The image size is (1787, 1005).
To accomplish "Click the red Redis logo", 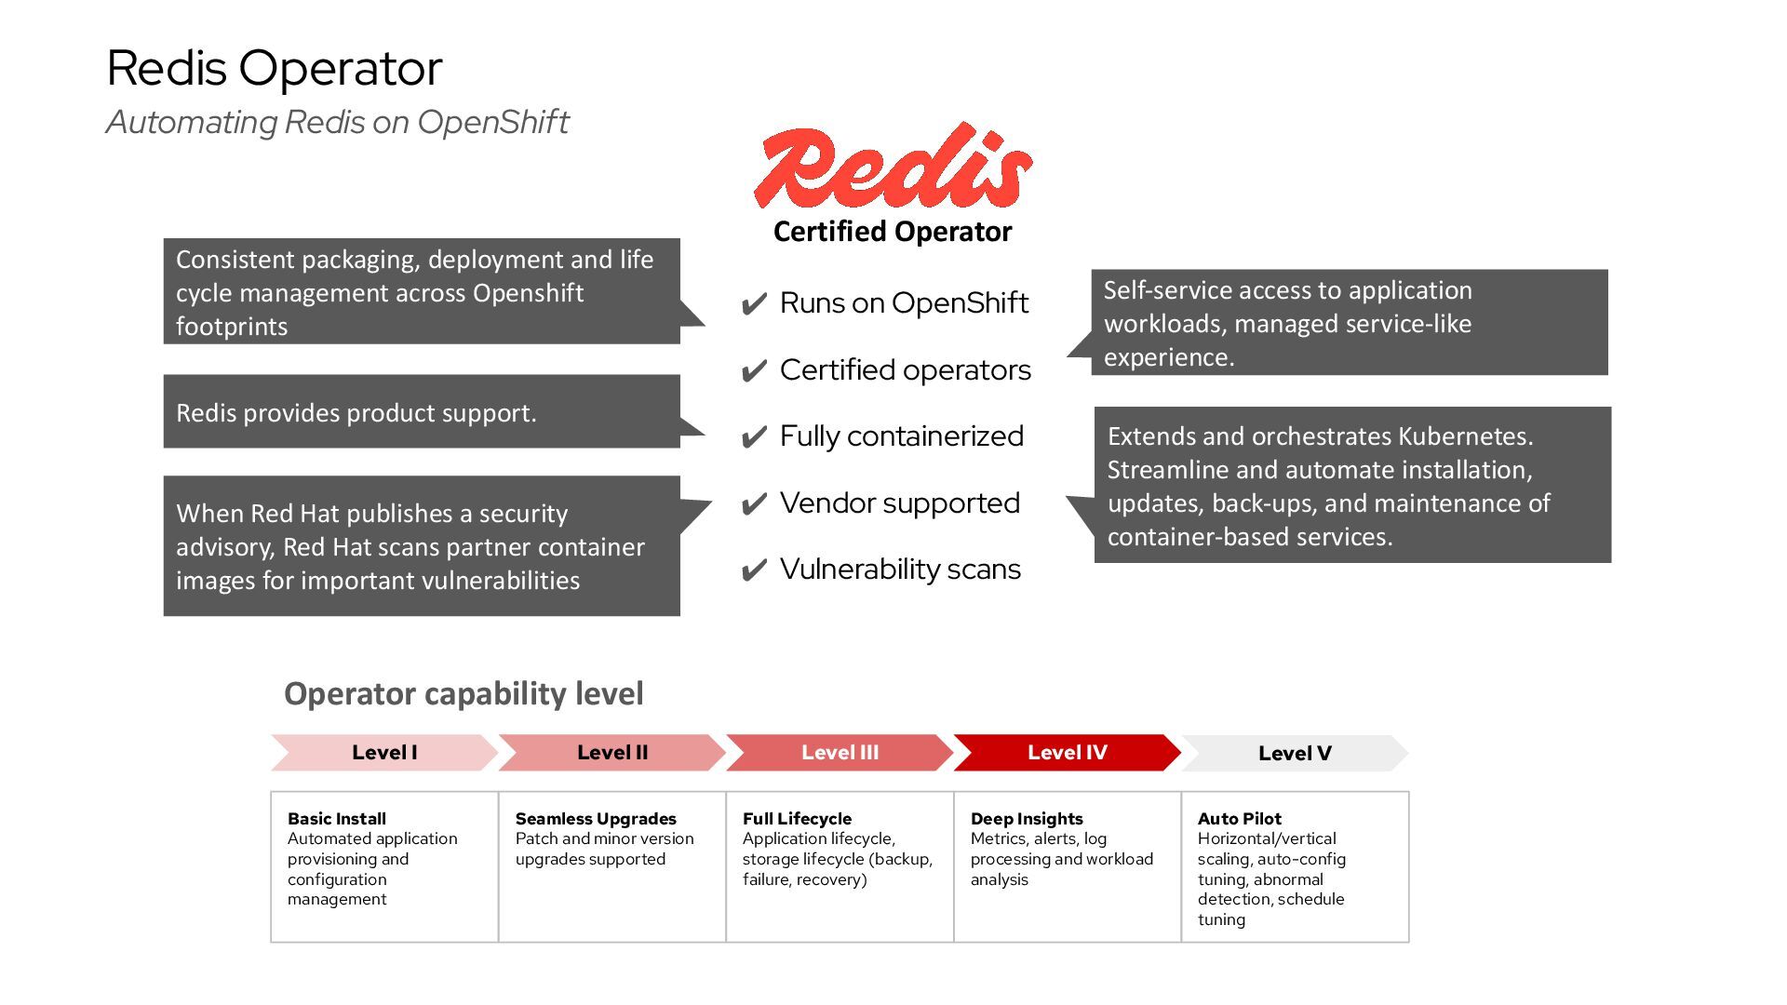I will (892, 168).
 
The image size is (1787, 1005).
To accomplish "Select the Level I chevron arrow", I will (383, 753).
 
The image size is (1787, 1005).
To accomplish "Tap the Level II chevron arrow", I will (611, 753).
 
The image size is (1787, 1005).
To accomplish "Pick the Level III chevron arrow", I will (840, 753).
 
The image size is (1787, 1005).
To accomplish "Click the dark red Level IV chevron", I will (1067, 753).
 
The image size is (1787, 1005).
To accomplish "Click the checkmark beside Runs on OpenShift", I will (754, 304).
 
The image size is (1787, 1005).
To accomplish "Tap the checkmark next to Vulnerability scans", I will (754, 570).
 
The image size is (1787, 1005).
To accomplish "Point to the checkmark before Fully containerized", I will (754, 437).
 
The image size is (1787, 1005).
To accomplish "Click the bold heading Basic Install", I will (336, 819).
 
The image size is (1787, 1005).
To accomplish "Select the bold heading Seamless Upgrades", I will (596, 819).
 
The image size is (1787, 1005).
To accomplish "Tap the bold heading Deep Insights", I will (1027, 819).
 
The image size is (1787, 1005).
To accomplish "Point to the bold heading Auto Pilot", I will (1239, 819).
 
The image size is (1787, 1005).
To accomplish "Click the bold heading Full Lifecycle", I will (797, 819).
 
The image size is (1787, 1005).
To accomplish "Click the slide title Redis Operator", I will (275, 68).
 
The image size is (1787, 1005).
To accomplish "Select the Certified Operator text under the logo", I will (892, 232).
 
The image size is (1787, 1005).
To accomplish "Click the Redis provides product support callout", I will (422, 412).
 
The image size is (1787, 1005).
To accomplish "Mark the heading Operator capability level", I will (464, 693).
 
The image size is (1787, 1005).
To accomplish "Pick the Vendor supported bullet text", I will (899, 503).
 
